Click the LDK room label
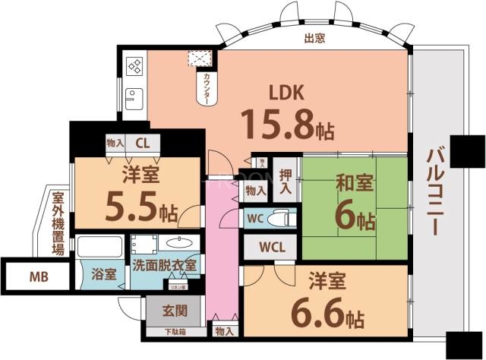[x=288, y=93]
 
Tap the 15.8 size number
[x=278, y=123]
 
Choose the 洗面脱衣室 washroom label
[x=165, y=266]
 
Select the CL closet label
[x=143, y=143]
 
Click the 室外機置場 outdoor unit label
[x=58, y=223]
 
